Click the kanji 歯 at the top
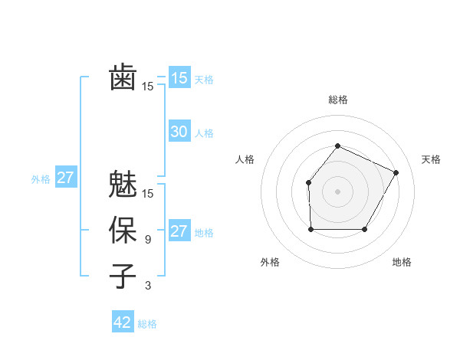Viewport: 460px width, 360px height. coord(123,77)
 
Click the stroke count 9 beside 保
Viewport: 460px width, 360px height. coord(147,240)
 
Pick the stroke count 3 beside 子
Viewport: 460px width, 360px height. coord(147,286)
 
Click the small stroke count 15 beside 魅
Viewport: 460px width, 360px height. coord(148,193)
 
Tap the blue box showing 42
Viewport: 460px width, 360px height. coord(123,322)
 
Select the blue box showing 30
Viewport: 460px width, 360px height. coord(179,132)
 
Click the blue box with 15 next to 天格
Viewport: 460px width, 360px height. coord(179,77)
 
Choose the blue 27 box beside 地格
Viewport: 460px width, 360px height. coord(179,231)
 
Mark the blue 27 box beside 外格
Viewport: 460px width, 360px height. coord(66,178)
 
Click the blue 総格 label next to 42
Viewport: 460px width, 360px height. coord(147,324)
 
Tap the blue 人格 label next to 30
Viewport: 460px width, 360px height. coord(204,133)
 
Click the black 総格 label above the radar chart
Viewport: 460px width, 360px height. coord(337,100)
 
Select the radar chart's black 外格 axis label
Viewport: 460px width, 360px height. coord(270,262)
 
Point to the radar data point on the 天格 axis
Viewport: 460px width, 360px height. coord(396,172)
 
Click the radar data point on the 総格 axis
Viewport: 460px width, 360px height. coord(337,146)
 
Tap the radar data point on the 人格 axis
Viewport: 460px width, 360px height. coord(308,182)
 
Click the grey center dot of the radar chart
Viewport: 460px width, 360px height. coord(337,191)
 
